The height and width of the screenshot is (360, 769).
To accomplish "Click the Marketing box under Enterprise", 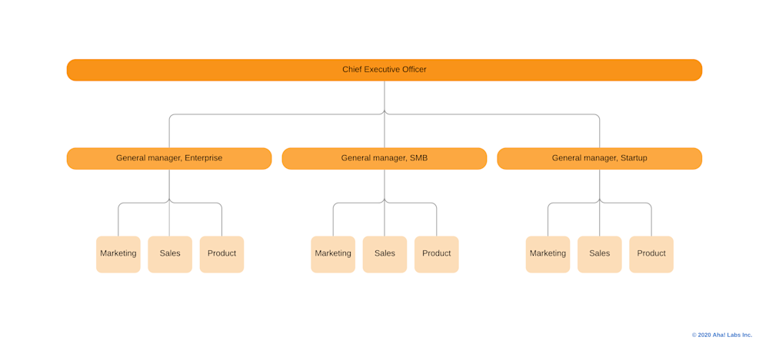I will pyautogui.click(x=118, y=254).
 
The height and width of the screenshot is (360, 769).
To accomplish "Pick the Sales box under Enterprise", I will pyautogui.click(x=170, y=254).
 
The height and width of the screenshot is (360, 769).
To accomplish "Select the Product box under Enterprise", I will pyautogui.click(x=221, y=254).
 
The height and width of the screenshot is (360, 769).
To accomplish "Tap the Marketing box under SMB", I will pyautogui.click(x=333, y=254).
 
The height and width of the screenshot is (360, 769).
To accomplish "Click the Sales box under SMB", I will pyautogui.click(x=384, y=254).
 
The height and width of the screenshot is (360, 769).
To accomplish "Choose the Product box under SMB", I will pyautogui.click(x=436, y=254).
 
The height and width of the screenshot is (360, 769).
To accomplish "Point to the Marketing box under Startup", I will pyautogui.click(x=548, y=254).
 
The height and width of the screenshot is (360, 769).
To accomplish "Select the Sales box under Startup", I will pyautogui.click(x=599, y=254).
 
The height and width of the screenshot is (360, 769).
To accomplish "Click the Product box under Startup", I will pyautogui.click(x=651, y=254).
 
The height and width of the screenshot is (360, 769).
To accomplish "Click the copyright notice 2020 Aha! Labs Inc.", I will pyautogui.click(x=721, y=335).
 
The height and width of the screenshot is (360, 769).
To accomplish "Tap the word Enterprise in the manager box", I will pyautogui.click(x=203, y=158).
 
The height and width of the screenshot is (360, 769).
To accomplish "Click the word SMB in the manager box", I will pyautogui.click(x=418, y=158).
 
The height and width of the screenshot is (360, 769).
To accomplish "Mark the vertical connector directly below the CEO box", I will pyautogui.click(x=384, y=96).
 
